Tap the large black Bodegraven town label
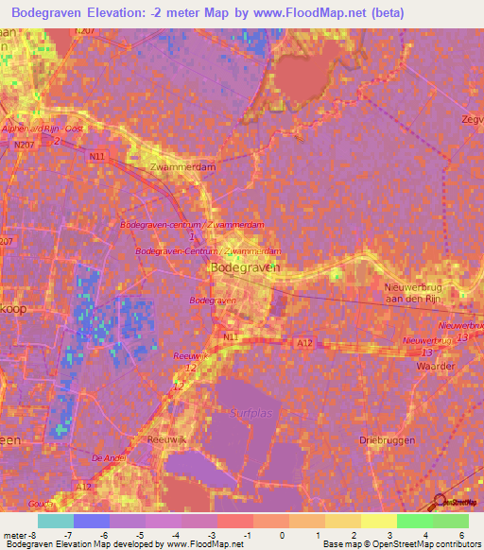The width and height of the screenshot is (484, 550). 243,268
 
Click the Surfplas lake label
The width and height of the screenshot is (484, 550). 251,413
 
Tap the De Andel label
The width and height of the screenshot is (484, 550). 108,456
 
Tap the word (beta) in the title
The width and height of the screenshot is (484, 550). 389,13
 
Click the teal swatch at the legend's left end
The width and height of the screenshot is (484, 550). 55,521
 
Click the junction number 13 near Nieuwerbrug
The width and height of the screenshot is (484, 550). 463,337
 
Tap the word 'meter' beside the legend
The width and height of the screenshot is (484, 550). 15,533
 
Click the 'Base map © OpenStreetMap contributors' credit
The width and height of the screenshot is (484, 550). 401,544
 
